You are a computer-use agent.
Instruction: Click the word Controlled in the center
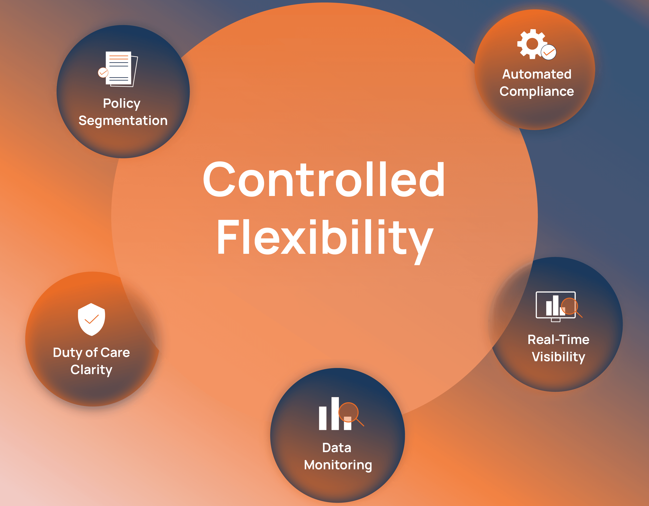324,179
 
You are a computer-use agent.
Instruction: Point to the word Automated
537,74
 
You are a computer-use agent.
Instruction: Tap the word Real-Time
558,340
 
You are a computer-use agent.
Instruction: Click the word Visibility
558,357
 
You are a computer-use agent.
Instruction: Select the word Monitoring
338,465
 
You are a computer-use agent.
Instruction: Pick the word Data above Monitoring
337,448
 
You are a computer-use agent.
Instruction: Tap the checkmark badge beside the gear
549,52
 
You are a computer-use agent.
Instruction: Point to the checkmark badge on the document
103,72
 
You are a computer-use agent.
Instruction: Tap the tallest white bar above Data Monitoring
335,413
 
